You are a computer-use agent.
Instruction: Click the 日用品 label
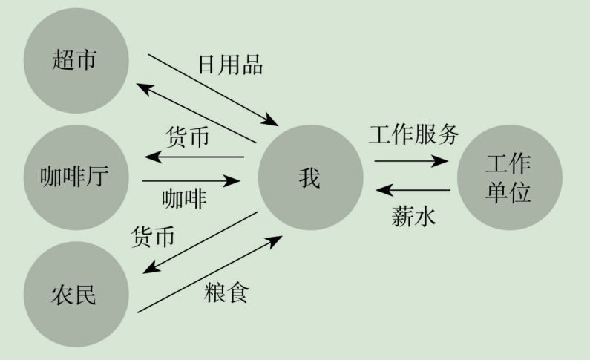tap(230, 65)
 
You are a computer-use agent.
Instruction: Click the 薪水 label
tap(414, 217)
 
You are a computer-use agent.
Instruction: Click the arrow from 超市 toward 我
tap(212, 89)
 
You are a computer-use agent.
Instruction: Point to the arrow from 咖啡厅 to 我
tap(193, 180)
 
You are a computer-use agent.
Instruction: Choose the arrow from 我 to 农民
tap(197, 243)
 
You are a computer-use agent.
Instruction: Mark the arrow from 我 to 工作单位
tap(411, 160)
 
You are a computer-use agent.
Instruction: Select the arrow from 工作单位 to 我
tap(413, 191)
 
